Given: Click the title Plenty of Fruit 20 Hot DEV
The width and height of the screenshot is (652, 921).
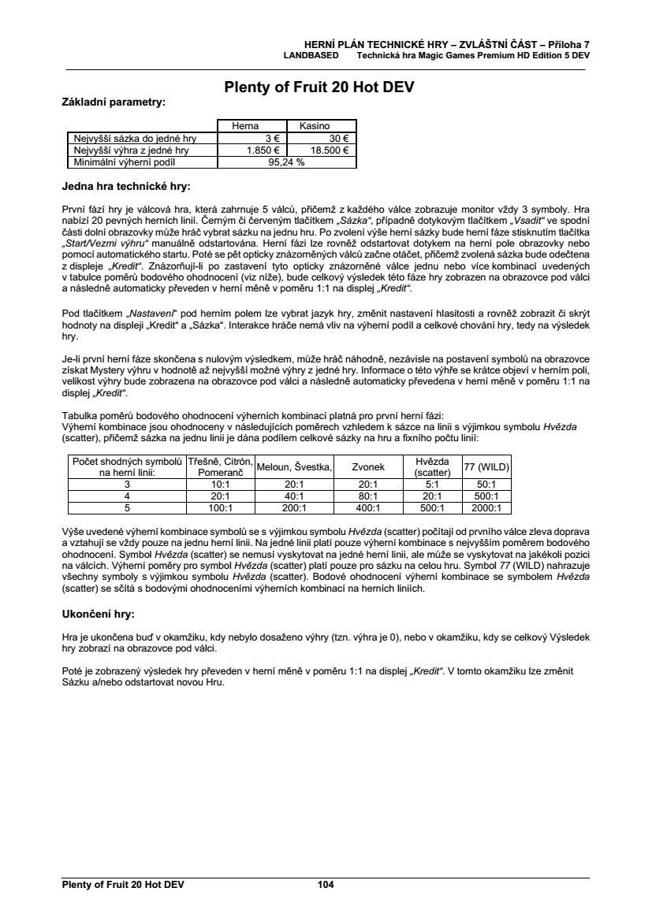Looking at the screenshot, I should (319, 87).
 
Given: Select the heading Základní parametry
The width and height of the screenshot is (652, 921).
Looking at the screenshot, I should (114, 102).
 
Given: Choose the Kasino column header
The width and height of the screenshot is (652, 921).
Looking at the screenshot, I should (314, 125).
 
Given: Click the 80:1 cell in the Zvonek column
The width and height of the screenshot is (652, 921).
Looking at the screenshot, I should (371, 496).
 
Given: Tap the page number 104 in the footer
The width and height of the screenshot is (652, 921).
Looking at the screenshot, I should (326, 885).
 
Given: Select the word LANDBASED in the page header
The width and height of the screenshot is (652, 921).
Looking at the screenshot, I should (311, 56).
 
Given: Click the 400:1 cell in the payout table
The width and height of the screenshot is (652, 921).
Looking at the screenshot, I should (371, 508).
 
